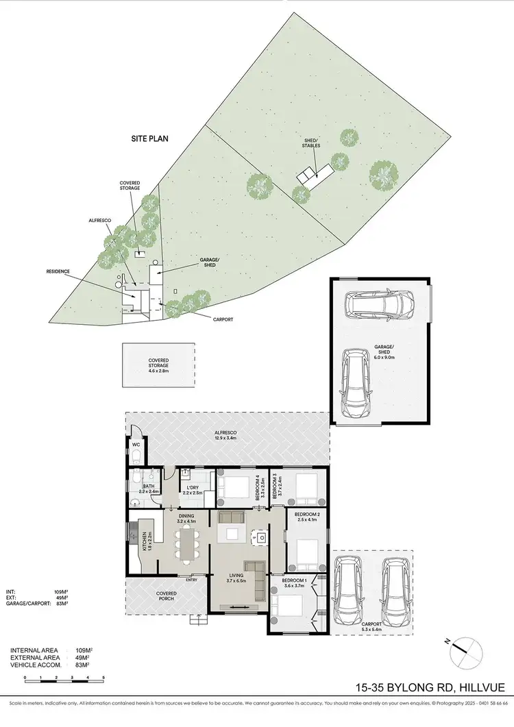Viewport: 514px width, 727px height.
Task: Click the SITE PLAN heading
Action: [150, 138]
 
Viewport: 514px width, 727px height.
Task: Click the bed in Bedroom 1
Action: [287, 607]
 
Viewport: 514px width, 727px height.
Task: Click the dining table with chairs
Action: [186, 546]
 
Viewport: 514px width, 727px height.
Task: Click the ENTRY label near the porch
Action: [191, 580]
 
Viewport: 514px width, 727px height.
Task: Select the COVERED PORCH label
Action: [165, 597]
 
